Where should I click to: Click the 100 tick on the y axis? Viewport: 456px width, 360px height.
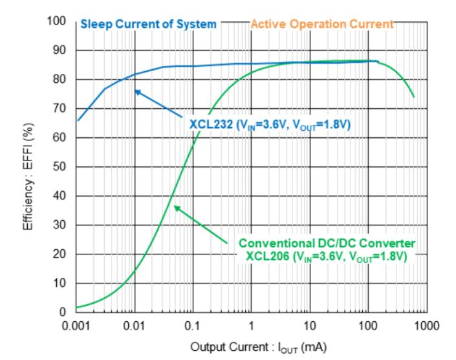57,21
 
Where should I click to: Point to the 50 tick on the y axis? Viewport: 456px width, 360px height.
60,167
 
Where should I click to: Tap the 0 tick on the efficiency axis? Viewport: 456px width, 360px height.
63,312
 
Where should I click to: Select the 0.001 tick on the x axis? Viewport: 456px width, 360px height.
76,326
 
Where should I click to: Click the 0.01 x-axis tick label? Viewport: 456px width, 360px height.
134,326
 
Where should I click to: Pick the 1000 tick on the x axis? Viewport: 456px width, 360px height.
427,326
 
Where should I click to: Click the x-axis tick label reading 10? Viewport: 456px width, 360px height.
310,326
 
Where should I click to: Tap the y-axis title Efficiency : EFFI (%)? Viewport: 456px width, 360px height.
28,177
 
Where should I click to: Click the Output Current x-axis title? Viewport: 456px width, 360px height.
259,348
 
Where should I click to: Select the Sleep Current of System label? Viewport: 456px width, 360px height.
148,24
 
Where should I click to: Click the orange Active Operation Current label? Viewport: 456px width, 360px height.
322,24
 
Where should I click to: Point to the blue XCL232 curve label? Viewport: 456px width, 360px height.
270,125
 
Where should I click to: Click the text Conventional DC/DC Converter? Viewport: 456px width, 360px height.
327,243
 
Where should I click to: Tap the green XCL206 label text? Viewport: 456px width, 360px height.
326,257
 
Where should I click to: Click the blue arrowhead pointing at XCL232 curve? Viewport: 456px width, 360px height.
138,92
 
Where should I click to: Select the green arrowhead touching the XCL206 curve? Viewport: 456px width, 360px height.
177,208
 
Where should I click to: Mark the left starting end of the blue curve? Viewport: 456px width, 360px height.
78,120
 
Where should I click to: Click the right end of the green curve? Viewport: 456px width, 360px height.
414,97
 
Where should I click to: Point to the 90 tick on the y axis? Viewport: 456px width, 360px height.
60,51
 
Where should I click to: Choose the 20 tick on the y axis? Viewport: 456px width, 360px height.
60,254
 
